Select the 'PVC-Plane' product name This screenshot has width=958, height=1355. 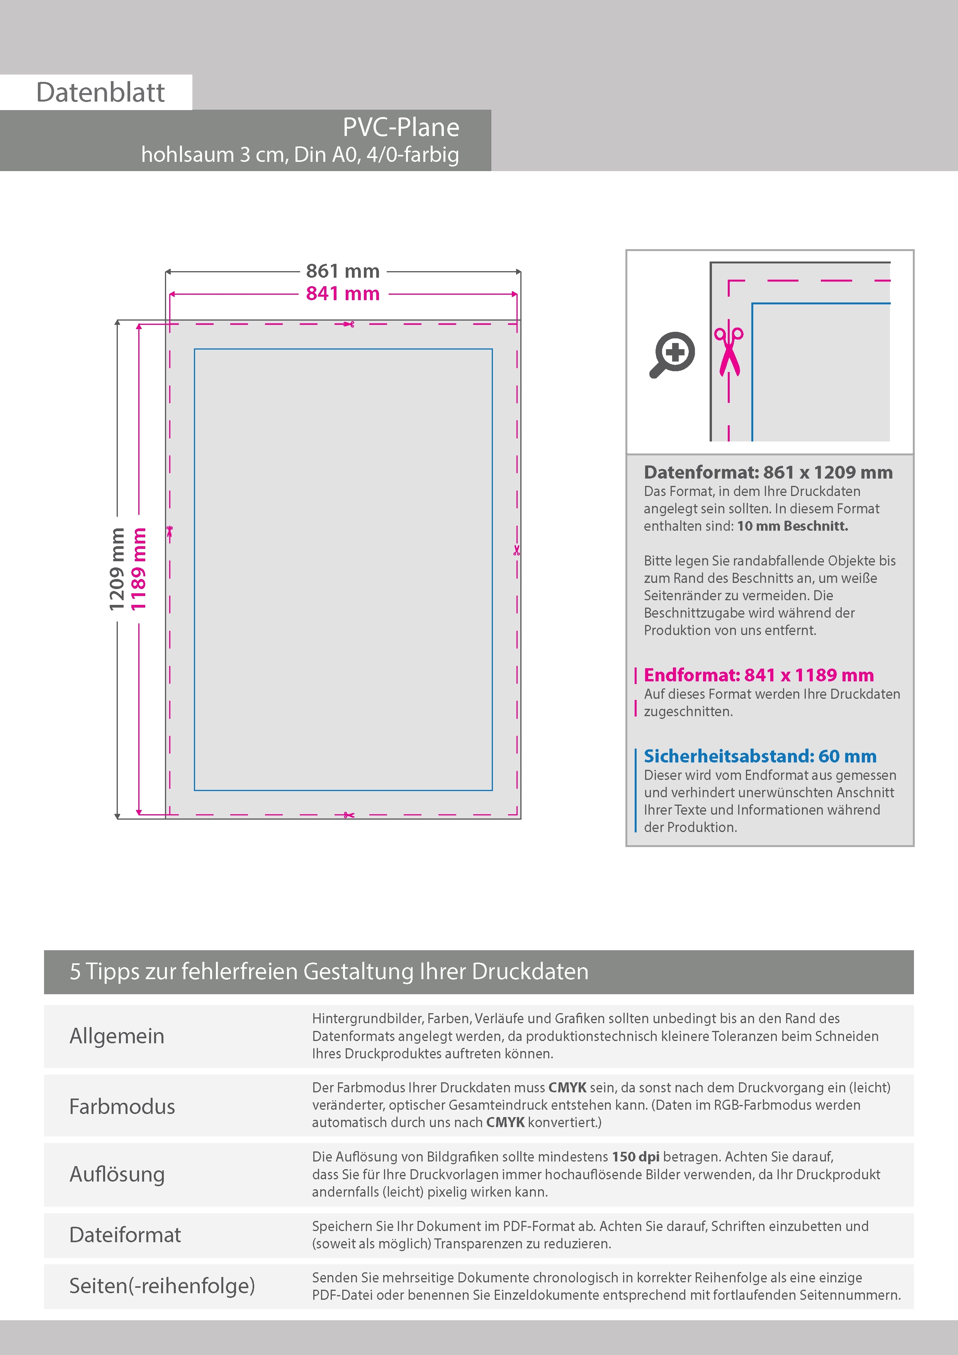[x=401, y=127]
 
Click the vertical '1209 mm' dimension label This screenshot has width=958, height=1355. [x=117, y=569]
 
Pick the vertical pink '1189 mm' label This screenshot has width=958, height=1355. [x=138, y=569]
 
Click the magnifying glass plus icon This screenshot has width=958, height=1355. [x=673, y=354]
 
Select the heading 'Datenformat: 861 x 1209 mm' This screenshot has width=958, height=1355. [x=768, y=472]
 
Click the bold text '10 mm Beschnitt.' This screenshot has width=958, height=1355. [x=792, y=526]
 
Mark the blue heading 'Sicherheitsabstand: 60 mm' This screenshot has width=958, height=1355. [x=760, y=756]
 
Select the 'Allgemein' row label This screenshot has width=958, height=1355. [x=117, y=1036]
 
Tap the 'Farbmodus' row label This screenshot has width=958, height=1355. [x=122, y=1106]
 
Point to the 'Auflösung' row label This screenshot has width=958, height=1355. [x=117, y=1174]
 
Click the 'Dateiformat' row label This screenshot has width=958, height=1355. [x=125, y=1234]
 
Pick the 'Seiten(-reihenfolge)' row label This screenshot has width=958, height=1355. [x=162, y=1285]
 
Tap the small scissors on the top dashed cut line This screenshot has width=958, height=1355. [x=349, y=324]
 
